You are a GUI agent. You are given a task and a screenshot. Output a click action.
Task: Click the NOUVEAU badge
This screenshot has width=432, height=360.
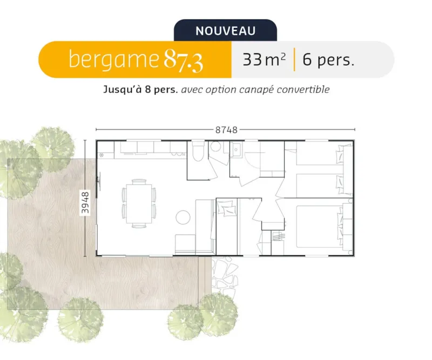tap(225, 31)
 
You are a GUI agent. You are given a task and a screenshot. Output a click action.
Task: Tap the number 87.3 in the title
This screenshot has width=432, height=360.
tap(184, 60)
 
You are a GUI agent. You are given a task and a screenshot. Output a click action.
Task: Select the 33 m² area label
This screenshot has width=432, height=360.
tap(264, 59)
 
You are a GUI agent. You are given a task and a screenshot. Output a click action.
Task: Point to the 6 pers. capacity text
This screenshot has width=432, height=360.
tap(328, 59)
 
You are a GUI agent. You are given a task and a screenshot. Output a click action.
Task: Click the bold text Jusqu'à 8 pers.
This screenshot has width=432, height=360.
tap(140, 90)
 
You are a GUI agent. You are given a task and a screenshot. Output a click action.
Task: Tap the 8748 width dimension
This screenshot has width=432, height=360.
tap(226, 130)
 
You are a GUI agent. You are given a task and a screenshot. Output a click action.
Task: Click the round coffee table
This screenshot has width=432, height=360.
tap(183, 218)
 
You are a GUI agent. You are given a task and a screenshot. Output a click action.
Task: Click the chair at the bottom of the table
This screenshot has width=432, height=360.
tap(139, 225)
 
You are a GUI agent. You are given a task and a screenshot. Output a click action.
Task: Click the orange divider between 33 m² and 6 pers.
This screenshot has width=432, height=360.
tap(294, 59)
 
